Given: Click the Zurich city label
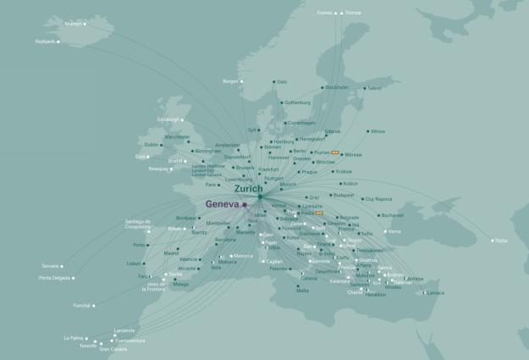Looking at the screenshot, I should pyautogui.click(x=248, y=189).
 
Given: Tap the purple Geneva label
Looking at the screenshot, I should pyautogui.click(x=223, y=204).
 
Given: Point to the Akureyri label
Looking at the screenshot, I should pyautogui.click(x=74, y=24).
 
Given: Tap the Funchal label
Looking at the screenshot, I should pyautogui.click(x=81, y=306).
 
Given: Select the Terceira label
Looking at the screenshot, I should pyautogui.click(x=50, y=265).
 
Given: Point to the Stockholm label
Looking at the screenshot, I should pyautogui.click(x=337, y=87).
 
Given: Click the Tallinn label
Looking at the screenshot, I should pyautogui.click(x=375, y=88).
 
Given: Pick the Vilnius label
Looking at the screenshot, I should pyautogui.click(x=377, y=131).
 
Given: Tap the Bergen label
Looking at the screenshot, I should pyautogui.click(x=230, y=81).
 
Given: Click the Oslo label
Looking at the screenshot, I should pyautogui.click(x=283, y=82).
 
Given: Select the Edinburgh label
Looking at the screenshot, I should pyautogui.click(x=168, y=119).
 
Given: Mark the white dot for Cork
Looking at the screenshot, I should pyautogui.click(x=150, y=157).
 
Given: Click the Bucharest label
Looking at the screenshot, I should pyautogui.click(x=392, y=215).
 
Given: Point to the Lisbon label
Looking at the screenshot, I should pyautogui.click(x=135, y=263).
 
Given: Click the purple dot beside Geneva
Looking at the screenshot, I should pyautogui.click(x=245, y=204).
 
